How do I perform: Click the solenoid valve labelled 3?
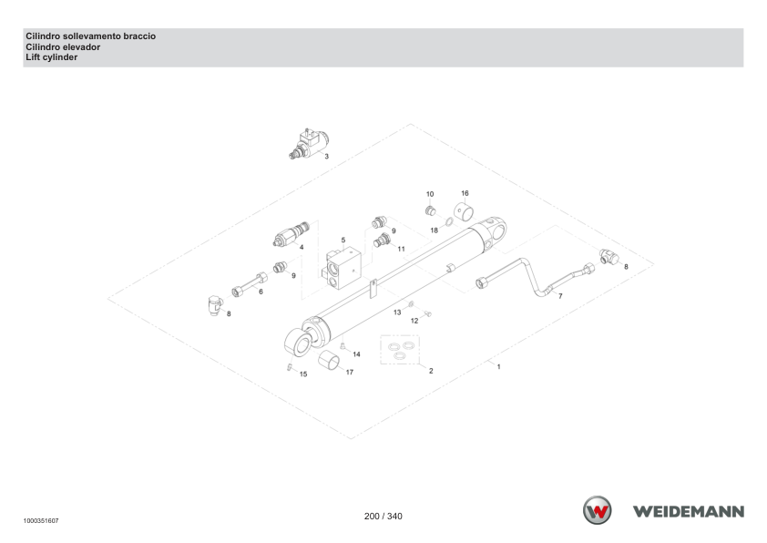309,144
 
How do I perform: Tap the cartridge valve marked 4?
291,234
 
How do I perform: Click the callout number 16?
465,193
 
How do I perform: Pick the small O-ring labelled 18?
448,223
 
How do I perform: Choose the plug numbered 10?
430,210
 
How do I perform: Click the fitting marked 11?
382,241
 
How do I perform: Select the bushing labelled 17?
329,361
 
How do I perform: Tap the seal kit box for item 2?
400,350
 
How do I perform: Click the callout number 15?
303,374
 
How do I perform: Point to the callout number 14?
356,354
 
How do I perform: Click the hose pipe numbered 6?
250,284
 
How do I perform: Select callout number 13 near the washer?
397,312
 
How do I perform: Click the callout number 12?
414,321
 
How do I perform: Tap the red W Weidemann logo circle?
598,510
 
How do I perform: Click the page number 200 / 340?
383,516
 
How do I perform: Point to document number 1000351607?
41,521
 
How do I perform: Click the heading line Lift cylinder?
51,57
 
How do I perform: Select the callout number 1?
498,366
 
